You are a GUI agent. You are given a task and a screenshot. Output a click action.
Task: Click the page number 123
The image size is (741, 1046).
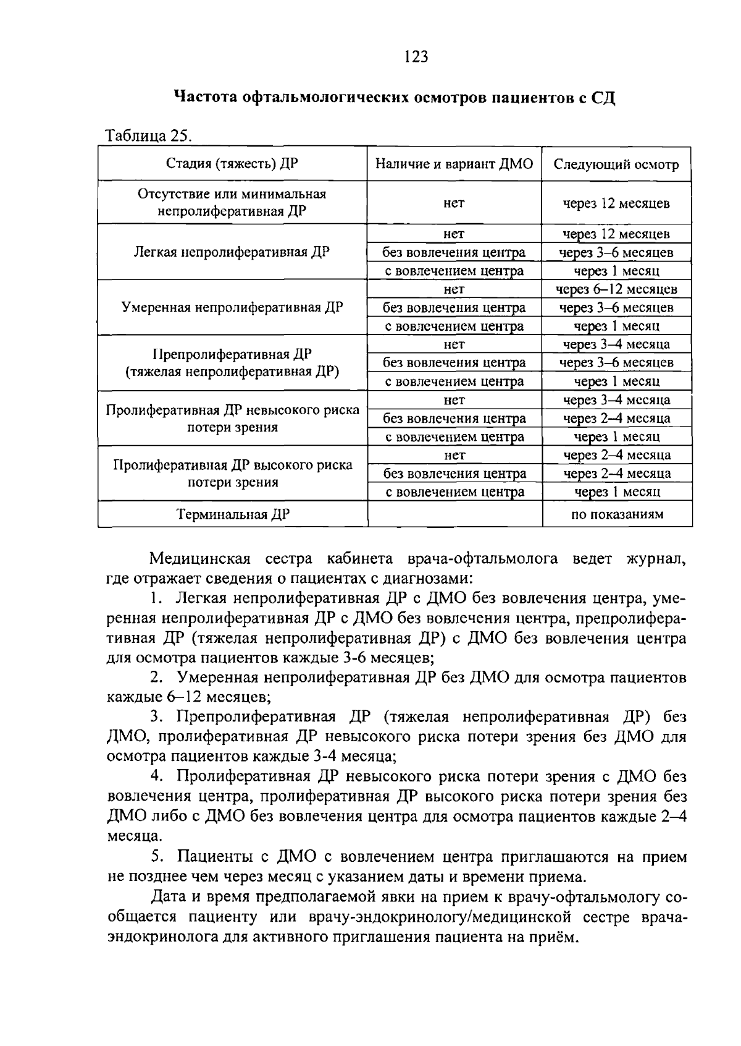416,57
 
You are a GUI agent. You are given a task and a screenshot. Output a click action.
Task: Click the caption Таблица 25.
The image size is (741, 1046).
149,135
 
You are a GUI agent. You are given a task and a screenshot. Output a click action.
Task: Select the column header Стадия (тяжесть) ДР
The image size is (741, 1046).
232,164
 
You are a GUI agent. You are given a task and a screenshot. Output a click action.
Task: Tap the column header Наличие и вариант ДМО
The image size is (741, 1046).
454,164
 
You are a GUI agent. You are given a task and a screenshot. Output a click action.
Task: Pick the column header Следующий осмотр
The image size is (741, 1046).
616,164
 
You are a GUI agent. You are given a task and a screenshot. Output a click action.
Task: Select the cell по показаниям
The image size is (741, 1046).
616,514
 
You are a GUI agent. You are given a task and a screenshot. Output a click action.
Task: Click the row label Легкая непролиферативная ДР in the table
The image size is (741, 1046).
232,252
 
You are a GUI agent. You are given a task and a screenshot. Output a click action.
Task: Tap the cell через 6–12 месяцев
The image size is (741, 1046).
616,289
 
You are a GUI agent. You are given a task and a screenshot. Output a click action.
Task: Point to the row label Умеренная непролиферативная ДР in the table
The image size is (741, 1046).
232,308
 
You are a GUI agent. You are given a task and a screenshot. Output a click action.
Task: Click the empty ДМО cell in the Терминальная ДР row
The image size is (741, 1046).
454,514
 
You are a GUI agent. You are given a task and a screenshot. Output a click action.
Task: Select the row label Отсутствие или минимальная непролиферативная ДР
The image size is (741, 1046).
232,202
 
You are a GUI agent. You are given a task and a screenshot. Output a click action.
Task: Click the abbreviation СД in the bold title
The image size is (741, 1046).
603,98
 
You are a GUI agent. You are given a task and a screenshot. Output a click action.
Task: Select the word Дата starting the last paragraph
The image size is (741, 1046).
169,896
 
